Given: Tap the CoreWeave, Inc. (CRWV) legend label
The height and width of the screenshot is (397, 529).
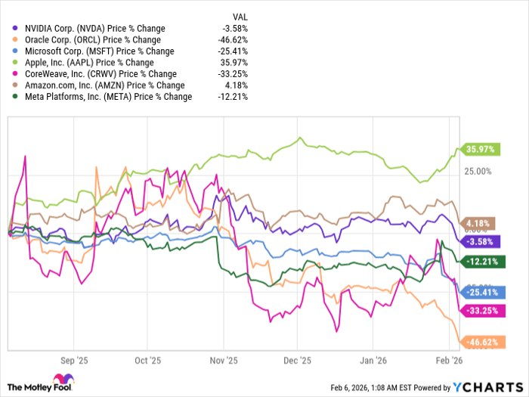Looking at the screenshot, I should pos(90,74).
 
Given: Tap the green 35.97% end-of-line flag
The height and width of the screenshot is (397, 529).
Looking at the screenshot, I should pos(478,150).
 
